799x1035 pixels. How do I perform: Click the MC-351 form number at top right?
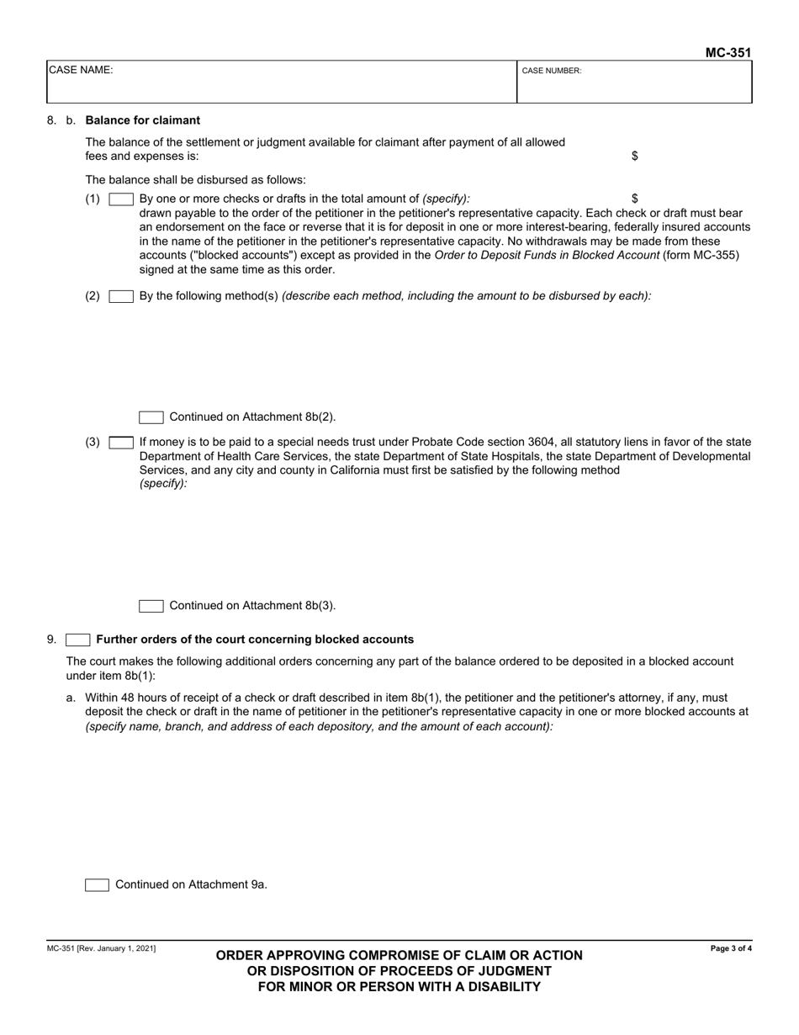pos(728,52)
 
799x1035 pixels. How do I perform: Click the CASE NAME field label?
pos(81,71)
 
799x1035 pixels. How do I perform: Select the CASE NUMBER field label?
pos(552,72)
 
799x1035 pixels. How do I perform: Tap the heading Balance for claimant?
pos(143,120)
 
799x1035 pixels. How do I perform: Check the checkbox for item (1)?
pos(121,199)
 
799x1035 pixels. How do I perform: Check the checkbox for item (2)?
pos(121,296)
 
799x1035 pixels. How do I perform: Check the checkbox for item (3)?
pos(121,442)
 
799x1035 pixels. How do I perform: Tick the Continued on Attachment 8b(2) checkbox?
pos(151,417)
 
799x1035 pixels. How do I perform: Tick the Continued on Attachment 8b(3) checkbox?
pos(151,606)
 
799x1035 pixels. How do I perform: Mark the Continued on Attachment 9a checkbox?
pos(98,884)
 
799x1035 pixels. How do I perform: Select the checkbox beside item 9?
pos(78,640)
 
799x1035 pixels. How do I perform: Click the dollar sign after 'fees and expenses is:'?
pos(634,157)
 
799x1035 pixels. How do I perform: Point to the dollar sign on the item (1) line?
pos(634,199)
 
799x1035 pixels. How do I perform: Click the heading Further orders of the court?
pos(255,640)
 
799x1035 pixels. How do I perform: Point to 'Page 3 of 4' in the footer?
pos(731,949)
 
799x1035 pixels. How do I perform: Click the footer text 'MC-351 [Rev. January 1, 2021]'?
pos(101,949)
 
